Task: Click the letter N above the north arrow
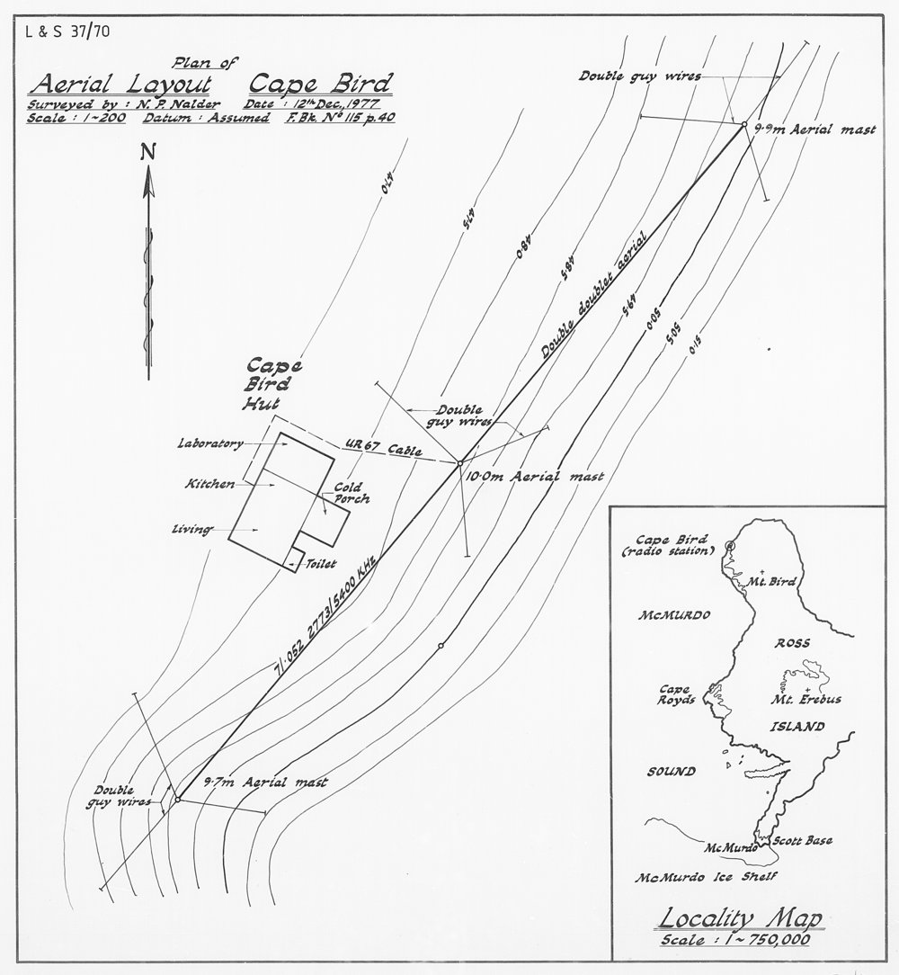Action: pyautogui.click(x=147, y=155)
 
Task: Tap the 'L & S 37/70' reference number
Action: pyautogui.click(x=56, y=35)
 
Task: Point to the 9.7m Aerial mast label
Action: pyautogui.click(x=265, y=783)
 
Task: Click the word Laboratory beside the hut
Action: pyautogui.click(x=211, y=443)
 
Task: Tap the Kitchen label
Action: pyautogui.click(x=209, y=484)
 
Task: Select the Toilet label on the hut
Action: pyautogui.click(x=321, y=564)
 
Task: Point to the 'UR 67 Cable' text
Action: pyautogui.click(x=384, y=448)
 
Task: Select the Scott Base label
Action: pyautogui.click(x=803, y=841)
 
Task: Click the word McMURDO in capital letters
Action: pyautogui.click(x=674, y=617)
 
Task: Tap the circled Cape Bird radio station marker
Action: pyautogui.click(x=729, y=546)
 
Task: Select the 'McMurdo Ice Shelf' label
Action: pyautogui.click(x=705, y=877)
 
